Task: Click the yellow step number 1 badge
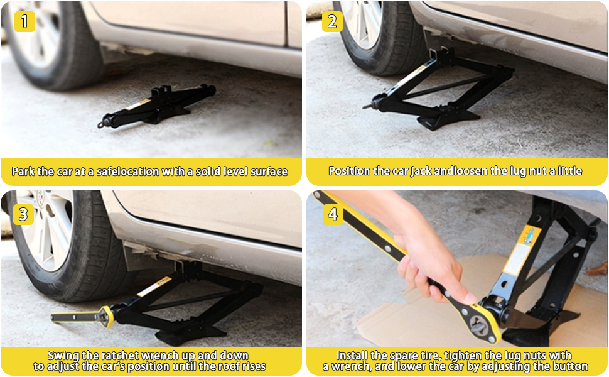(24, 21)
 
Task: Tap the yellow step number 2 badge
(332, 21)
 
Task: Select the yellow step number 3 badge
(23, 214)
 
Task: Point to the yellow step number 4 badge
(332, 214)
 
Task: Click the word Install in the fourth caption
(353, 356)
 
